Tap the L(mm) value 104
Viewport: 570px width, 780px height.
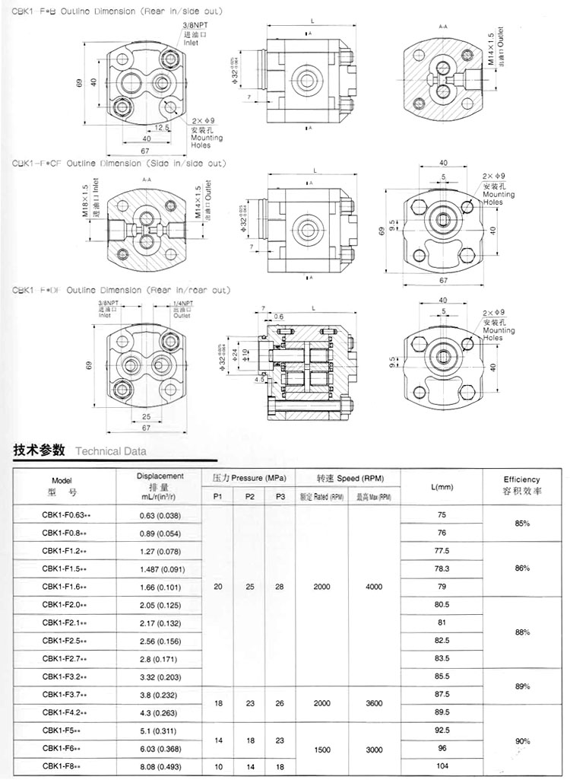click(442, 766)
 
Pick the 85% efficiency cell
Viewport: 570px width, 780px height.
click(521, 524)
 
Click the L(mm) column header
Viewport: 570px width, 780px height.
click(442, 487)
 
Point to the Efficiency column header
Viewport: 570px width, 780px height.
click(521, 485)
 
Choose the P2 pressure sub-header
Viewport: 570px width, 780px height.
click(249, 497)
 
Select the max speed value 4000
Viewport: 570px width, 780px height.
click(373, 587)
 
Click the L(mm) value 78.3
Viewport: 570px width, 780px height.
click(442, 568)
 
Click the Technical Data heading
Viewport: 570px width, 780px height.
click(110, 450)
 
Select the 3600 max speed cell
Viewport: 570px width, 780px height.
click(373, 703)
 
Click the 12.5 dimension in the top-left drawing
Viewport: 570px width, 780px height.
click(161, 127)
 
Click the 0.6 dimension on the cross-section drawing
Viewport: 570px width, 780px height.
click(278, 317)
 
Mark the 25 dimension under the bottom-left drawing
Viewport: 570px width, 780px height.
click(145, 416)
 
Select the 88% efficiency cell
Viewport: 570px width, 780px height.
click(521, 632)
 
